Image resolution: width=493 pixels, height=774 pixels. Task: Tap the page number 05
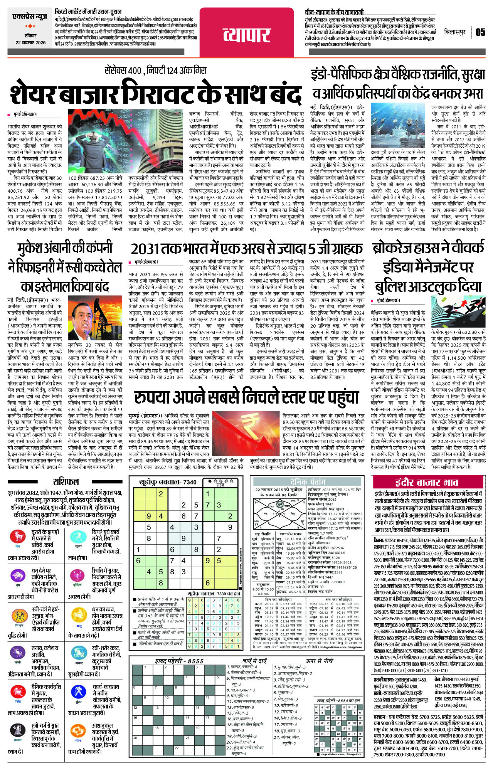(480, 32)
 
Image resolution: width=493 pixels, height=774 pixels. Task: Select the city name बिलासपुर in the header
(454, 32)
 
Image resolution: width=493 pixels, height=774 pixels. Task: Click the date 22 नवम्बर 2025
(30, 43)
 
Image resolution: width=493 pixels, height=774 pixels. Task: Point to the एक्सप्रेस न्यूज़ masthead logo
(30, 17)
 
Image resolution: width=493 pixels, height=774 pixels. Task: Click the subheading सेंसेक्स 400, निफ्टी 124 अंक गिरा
(155, 71)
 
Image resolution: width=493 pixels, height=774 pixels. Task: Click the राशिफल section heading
(66, 482)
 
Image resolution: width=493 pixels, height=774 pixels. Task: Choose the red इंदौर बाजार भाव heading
(427, 483)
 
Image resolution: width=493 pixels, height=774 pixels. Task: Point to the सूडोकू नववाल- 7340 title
(168, 482)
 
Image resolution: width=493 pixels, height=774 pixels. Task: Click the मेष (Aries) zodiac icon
(18, 537)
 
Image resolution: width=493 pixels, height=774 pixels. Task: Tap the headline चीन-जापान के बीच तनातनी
(334, 12)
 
